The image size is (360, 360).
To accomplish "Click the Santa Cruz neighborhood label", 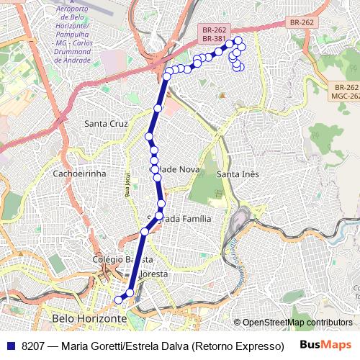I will pyautogui.click(x=106, y=123).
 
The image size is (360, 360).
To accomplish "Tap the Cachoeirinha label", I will pyautogui.click(x=79, y=174).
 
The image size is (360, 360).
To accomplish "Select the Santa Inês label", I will pyautogui.click(x=237, y=174).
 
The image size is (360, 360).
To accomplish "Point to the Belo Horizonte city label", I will pyautogui.click(x=89, y=318).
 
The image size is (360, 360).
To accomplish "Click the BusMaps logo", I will pyautogui.click(x=326, y=345).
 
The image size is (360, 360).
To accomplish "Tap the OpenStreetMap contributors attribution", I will pyautogui.click(x=297, y=323).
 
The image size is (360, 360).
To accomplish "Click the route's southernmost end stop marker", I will pyautogui.click(x=120, y=300).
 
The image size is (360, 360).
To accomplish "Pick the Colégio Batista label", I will pyautogui.click(x=122, y=258).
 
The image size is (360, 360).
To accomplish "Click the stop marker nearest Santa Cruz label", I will pyautogui.click(x=149, y=136).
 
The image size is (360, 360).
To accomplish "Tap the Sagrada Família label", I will pyautogui.click(x=179, y=218).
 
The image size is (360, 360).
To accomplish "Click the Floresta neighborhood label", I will pyautogui.click(x=150, y=274).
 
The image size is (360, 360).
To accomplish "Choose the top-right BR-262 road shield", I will pyautogui.click(x=302, y=22).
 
